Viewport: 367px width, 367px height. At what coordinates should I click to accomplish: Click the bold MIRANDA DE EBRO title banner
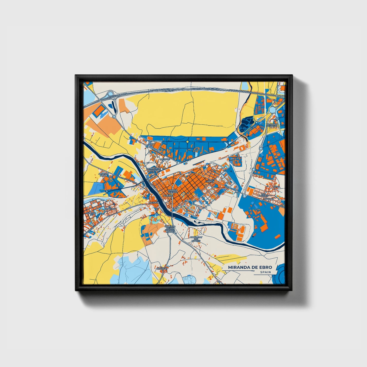250,267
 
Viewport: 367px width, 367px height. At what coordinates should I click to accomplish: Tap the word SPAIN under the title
265,272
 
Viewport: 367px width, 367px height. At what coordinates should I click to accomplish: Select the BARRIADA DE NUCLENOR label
154,170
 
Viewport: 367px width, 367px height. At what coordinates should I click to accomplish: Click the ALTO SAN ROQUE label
104,174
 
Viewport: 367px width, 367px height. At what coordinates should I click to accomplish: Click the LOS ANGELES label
263,195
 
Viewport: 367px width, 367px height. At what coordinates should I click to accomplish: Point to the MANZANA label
269,199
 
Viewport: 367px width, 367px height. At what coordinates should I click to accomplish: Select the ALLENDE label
168,196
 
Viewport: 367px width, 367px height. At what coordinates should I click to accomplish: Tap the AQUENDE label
154,202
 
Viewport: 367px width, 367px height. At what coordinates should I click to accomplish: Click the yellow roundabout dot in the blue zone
187,142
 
